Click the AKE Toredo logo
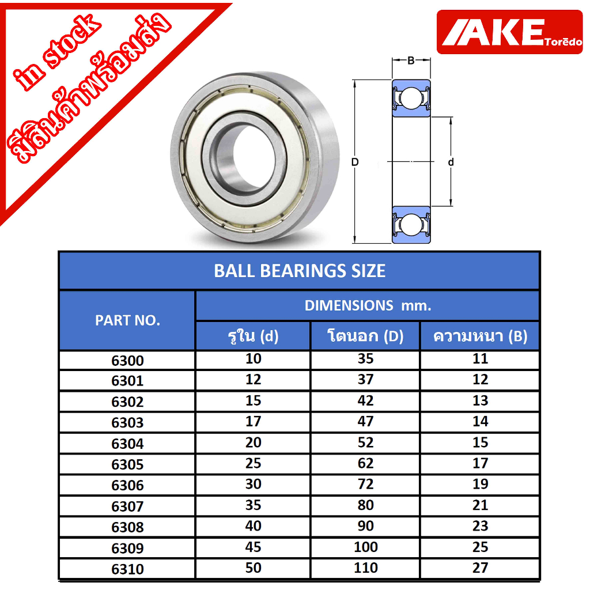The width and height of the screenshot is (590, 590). [x=509, y=32]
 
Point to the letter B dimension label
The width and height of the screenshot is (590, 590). [x=411, y=60]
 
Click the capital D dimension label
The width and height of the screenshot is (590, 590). [x=355, y=162]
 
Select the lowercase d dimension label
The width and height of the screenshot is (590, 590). [x=451, y=162]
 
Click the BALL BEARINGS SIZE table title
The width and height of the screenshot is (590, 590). [x=300, y=271]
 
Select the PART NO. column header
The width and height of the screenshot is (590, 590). [x=127, y=320]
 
